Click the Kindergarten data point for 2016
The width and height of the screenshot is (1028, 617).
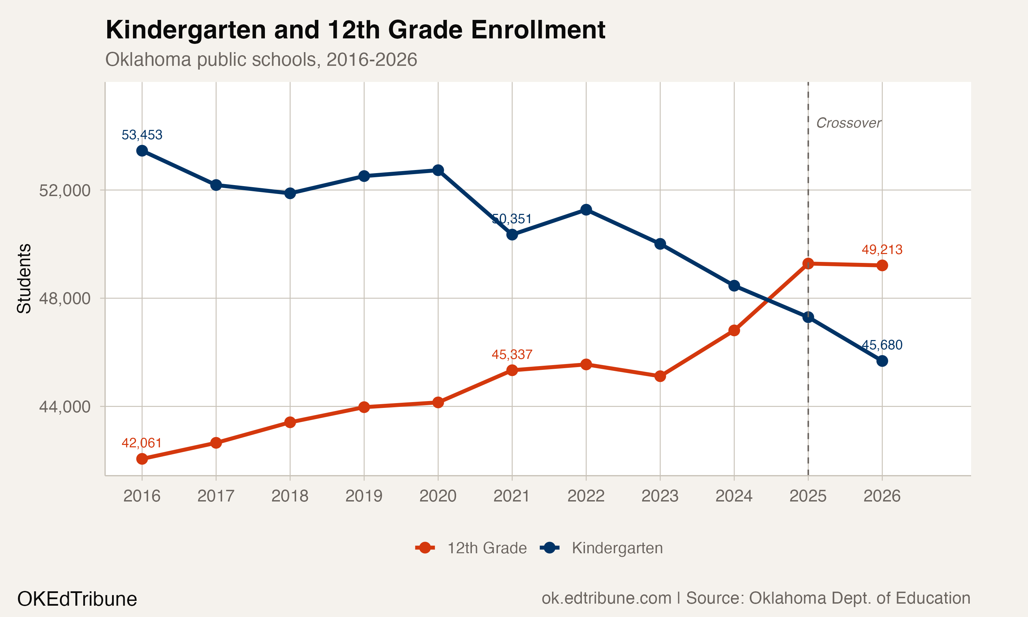pyautogui.click(x=142, y=150)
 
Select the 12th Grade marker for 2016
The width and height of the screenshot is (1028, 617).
pyautogui.click(x=142, y=459)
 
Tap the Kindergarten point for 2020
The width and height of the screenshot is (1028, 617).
pyautogui.click(x=438, y=170)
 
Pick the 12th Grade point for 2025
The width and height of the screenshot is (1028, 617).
pyautogui.click(x=808, y=264)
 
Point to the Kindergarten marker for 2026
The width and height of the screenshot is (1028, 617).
pyautogui.click(x=882, y=361)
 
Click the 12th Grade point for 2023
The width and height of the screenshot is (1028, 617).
pyautogui.click(x=660, y=376)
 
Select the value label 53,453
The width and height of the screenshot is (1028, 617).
pyautogui.click(x=142, y=135)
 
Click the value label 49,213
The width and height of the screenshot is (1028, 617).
pyautogui.click(x=882, y=250)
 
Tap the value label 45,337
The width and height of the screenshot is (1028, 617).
pyautogui.click(x=512, y=354)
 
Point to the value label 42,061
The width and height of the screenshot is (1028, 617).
pyautogui.click(x=142, y=443)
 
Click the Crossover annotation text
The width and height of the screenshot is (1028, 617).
pyautogui.click(x=848, y=123)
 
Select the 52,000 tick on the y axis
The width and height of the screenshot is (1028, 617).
pyautogui.click(x=64, y=191)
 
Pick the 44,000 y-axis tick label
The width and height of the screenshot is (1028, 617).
pyautogui.click(x=64, y=407)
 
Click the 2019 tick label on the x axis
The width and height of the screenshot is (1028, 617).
pyautogui.click(x=364, y=496)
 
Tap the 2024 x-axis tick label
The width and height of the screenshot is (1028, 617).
pyautogui.click(x=734, y=496)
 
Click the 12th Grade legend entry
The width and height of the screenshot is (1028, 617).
pyautogui.click(x=471, y=548)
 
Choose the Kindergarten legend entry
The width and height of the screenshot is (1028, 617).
pyautogui.click(x=601, y=548)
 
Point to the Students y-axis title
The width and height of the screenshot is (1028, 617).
pyautogui.click(x=24, y=279)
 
